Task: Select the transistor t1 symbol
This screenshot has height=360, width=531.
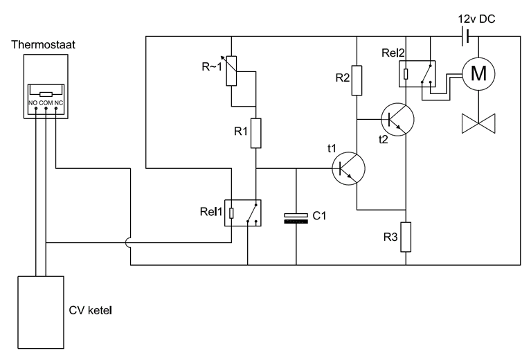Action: tap(348, 168)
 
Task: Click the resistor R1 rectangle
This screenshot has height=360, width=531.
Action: tap(255, 133)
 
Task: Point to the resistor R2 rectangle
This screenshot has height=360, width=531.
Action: tap(357, 80)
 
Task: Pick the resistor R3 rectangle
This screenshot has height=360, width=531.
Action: tap(406, 237)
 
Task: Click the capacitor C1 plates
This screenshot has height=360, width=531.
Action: tap(296, 219)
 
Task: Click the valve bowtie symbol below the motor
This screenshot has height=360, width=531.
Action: tap(478, 123)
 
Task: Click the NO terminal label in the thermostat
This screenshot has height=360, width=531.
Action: tap(33, 102)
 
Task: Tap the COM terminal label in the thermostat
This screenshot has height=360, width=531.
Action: tap(46, 102)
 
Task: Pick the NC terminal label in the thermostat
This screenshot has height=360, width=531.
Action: tap(59, 102)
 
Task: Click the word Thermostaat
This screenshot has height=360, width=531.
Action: tap(44, 44)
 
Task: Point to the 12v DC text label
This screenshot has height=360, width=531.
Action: tap(476, 19)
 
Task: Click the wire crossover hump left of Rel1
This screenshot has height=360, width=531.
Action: tap(126, 242)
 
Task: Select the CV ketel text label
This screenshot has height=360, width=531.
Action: tap(91, 310)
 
